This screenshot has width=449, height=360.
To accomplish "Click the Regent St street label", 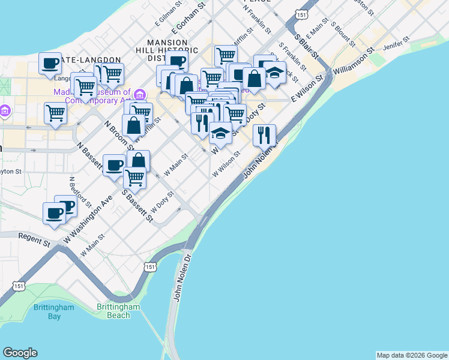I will (34, 241).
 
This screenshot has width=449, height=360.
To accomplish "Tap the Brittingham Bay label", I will (53, 311).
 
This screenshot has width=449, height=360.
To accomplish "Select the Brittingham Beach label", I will (118, 311).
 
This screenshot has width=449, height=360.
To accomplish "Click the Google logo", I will (20, 353).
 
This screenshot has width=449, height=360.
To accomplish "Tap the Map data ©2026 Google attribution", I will (412, 355).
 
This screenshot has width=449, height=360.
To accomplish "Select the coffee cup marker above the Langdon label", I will (50, 63).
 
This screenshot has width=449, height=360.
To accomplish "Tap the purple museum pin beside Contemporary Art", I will (140, 95).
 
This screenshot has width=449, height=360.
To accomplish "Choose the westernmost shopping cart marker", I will (55, 112).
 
